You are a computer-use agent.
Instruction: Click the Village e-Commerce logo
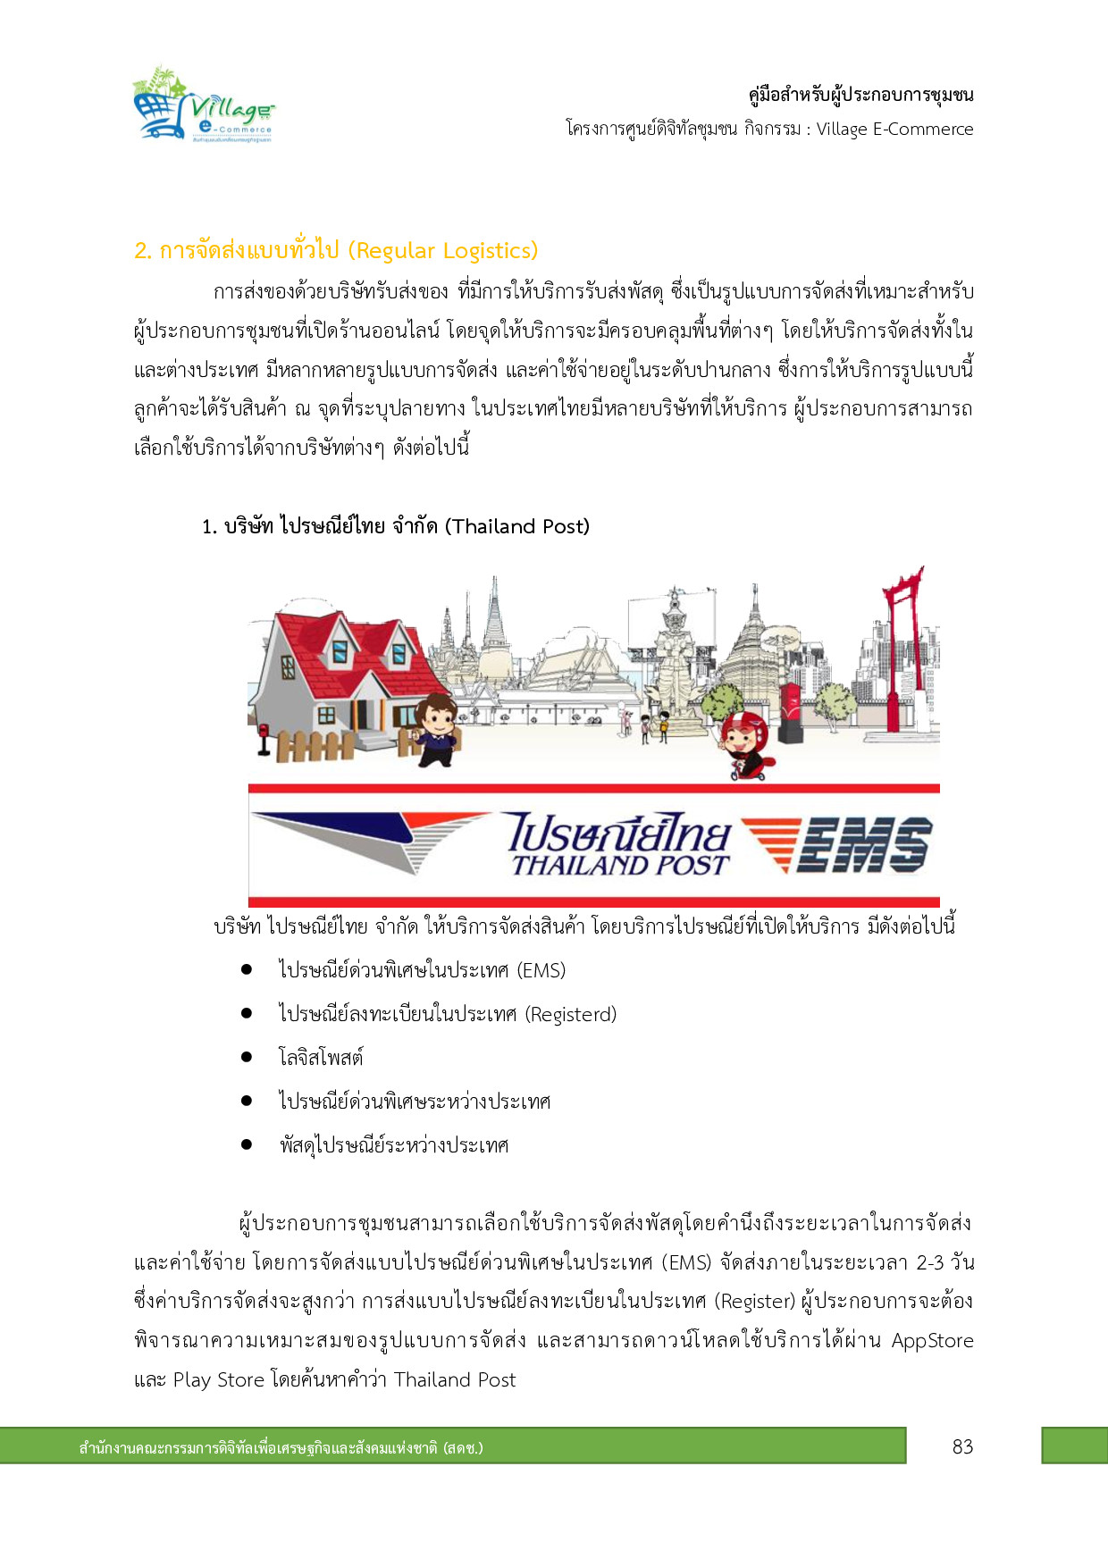pyautogui.click(x=204, y=105)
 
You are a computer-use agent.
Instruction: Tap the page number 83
pyautogui.click(x=962, y=1446)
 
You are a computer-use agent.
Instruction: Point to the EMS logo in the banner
pyautogui.click(x=838, y=844)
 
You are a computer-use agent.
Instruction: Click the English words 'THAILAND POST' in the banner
pyautogui.click(x=620, y=865)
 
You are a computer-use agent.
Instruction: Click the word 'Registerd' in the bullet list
pyautogui.click(x=571, y=1015)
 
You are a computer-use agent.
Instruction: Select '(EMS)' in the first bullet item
pyautogui.click(x=541, y=971)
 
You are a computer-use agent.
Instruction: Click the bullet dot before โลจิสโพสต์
pyautogui.click(x=247, y=1057)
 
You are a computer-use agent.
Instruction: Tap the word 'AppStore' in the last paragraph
pyautogui.click(x=932, y=1341)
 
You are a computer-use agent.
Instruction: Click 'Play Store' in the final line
pyautogui.click(x=219, y=1380)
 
